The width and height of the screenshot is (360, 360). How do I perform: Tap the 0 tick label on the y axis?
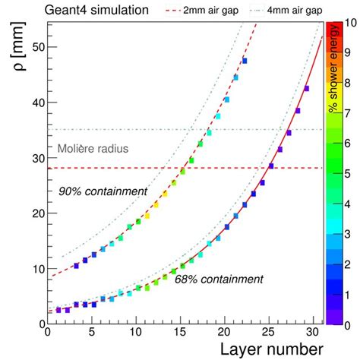[39, 324]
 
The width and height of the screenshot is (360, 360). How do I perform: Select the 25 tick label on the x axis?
[267, 333]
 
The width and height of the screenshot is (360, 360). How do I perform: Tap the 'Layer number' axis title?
[271, 349]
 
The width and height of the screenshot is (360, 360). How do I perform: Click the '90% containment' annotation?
[103, 191]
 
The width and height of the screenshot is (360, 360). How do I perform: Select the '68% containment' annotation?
[219, 279]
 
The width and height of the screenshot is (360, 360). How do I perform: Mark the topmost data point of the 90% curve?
[245, 61]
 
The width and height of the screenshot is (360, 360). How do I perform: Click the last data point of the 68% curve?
[306, 89]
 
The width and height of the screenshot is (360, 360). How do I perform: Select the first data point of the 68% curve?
[58, 310]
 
